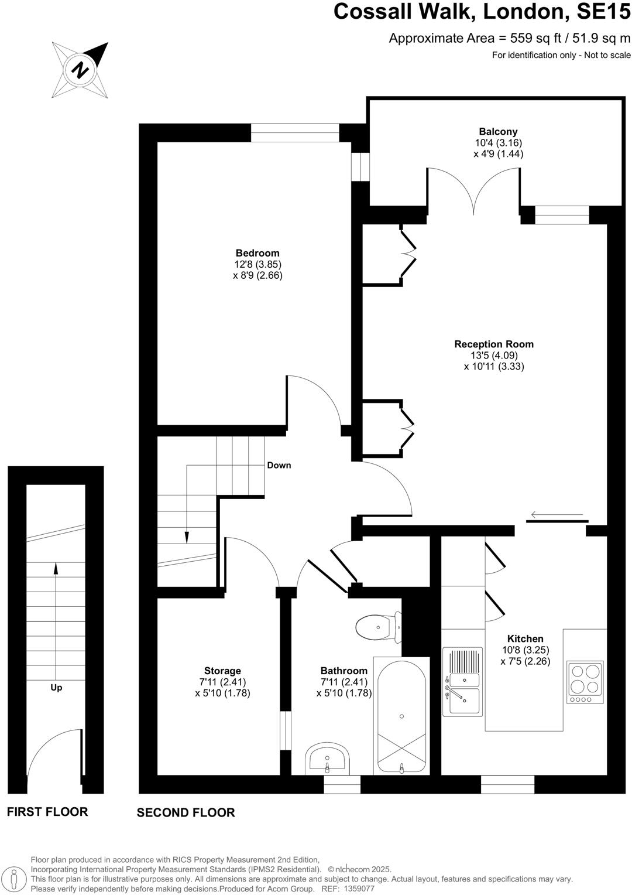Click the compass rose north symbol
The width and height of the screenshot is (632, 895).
(80, 70)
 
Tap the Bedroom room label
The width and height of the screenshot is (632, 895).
(257, 253)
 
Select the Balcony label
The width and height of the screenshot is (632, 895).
(498, 132)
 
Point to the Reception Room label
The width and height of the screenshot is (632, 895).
(494, 344)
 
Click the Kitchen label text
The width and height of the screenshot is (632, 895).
(525, 638)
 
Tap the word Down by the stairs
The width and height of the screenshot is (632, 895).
(279, 465)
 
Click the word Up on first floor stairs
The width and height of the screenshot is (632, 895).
(56, 688)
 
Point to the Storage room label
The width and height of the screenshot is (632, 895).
(222, 671)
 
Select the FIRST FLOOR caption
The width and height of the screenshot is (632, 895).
(47, 811)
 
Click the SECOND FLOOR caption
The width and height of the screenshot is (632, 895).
(186, 812)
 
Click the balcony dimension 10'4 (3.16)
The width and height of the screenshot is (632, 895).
(498, 143)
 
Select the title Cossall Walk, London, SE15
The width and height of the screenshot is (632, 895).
(482, 12)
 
